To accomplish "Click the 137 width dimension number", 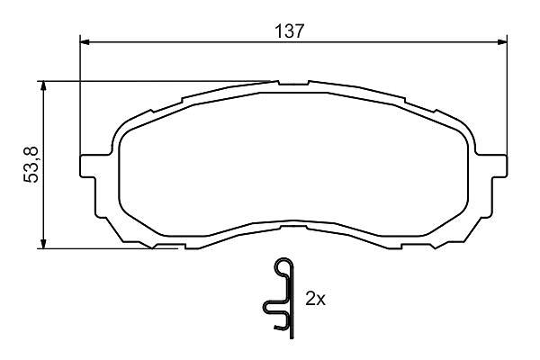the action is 289,31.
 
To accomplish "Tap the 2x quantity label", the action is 315,299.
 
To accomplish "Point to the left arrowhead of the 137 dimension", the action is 85,42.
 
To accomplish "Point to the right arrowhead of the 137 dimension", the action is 502,42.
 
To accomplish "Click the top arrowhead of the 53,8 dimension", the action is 43,85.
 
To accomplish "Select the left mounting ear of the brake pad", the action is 88,166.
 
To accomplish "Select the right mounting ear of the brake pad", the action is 499,166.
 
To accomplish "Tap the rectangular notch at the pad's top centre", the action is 293,83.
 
